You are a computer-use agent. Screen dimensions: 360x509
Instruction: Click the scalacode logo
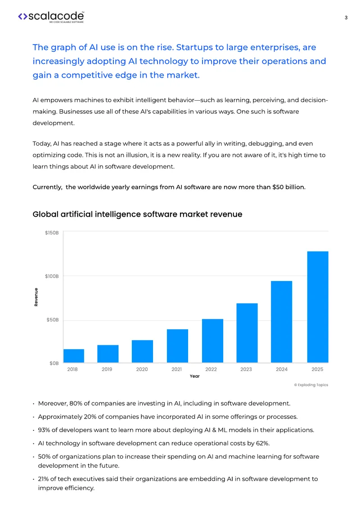[51, 17]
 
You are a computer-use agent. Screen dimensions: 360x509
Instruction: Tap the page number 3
[346, 18]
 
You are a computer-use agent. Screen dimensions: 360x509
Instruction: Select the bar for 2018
[74, 356]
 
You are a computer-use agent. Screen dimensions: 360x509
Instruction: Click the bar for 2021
[177, 346]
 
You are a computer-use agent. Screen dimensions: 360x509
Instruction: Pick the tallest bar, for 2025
[318, 307]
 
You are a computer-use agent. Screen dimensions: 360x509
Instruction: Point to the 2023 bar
[247, 333]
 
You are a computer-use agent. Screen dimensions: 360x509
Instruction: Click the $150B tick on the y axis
[52, 233]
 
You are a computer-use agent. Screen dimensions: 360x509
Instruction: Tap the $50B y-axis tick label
[53, 320]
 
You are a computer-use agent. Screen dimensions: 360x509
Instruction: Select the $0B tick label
[54, 363]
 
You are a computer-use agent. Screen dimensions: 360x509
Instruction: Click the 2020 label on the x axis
[142, 370]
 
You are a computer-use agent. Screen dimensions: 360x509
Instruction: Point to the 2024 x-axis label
[282, 370]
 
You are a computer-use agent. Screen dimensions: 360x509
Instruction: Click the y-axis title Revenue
[36, 297]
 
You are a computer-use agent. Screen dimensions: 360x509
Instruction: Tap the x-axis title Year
[194, 376]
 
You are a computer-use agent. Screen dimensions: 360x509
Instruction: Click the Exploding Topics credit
[311, 385]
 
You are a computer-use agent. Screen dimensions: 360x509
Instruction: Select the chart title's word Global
[45, 214]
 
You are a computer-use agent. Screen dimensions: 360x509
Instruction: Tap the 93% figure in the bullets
[44, 430]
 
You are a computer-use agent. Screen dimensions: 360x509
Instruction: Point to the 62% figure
[263, 443]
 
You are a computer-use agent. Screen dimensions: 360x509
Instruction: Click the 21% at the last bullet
[44, 479]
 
